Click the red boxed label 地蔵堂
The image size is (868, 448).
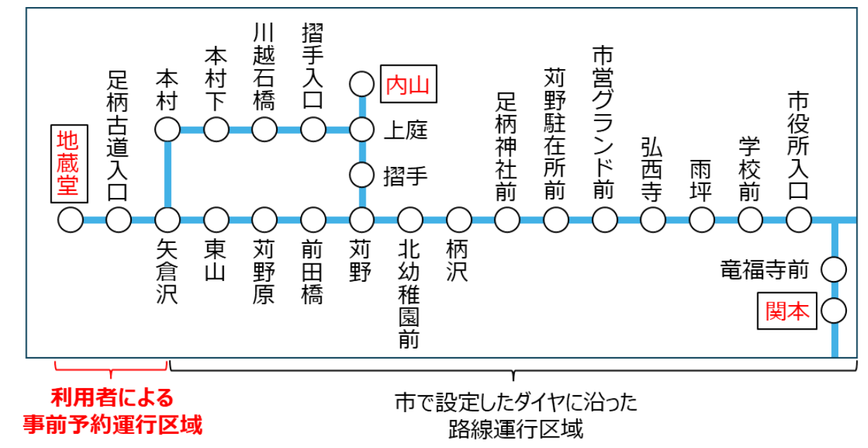70,163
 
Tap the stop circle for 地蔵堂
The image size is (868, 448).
70,220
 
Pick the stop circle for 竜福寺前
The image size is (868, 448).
834,268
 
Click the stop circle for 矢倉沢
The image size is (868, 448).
168,220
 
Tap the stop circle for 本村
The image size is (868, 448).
168,130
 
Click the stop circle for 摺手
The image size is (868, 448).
362,173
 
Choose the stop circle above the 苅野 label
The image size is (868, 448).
362,220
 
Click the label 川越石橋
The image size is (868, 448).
264,66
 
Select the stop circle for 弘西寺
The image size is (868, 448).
652,220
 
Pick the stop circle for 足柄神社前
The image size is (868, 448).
507,220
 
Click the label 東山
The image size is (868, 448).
216,261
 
